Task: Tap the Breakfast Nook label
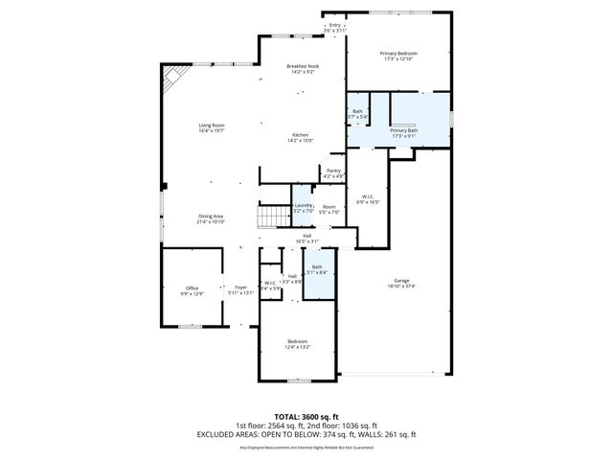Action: (x=303, y=65)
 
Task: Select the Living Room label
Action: (x=211, y=126)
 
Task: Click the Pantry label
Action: (x=333, y=171)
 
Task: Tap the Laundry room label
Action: (x=304, y=205)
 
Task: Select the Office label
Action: (x=192, y=287)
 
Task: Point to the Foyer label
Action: (x=241, y=287)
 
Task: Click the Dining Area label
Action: (x=211, y=216)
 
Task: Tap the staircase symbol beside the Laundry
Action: (x=274, y=215)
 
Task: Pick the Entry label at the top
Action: (x=334, y=26)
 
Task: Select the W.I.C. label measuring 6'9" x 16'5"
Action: (x=368, y=196)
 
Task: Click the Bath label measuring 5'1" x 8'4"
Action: (x=316, y=267)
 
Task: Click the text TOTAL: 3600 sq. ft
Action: (x=306, y=418)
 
